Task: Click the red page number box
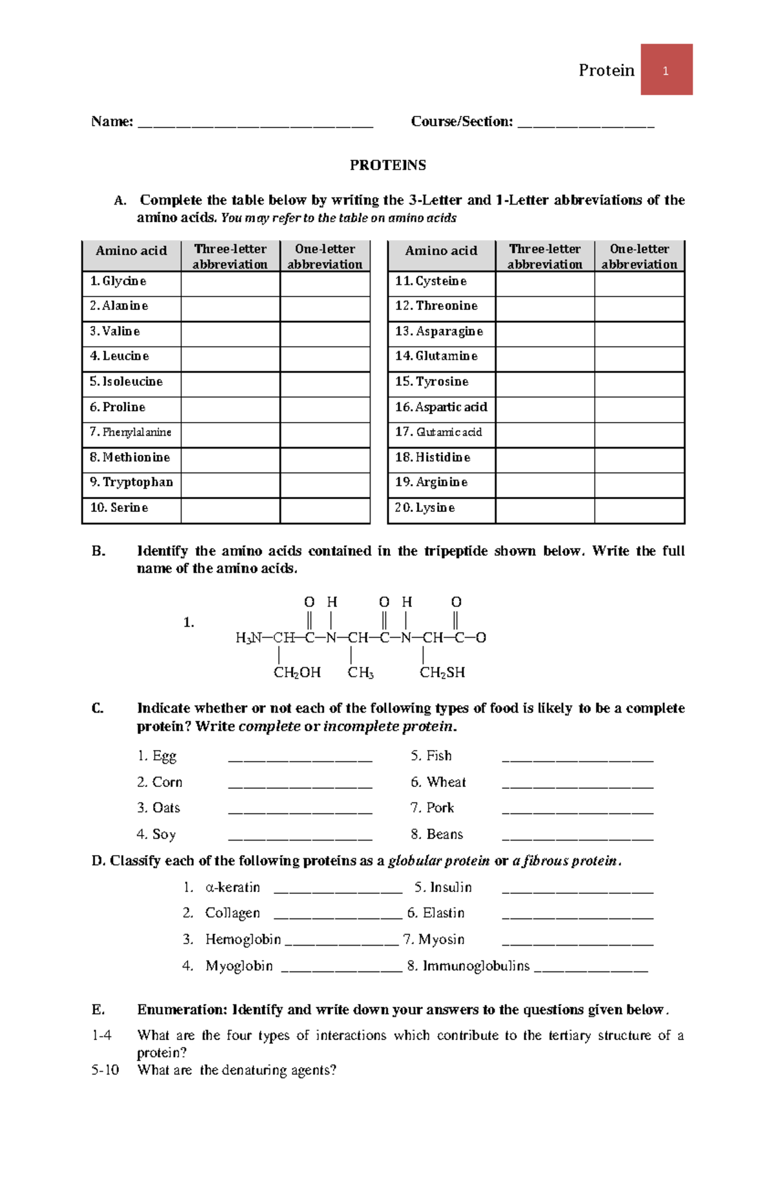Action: click(666, 70)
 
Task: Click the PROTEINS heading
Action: click(387, 165)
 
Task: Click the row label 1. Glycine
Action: click(118, 282)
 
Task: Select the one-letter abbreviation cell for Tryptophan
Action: click(325, 483)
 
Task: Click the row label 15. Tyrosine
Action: click(432, 382)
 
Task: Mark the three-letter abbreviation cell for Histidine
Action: click(544, 458)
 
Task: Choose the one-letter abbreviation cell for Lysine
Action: click(639, 508)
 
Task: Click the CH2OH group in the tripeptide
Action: click(297, 672)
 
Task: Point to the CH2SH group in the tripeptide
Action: click(442, 672)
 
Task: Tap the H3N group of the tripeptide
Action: click(249, 638)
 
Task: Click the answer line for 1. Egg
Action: click(300, 758)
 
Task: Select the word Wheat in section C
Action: click(446, 782)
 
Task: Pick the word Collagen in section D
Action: click(232, 913)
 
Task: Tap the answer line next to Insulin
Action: click(577, 889)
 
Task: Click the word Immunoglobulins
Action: click(476, 966)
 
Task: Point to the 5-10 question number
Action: click(105, 1071)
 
